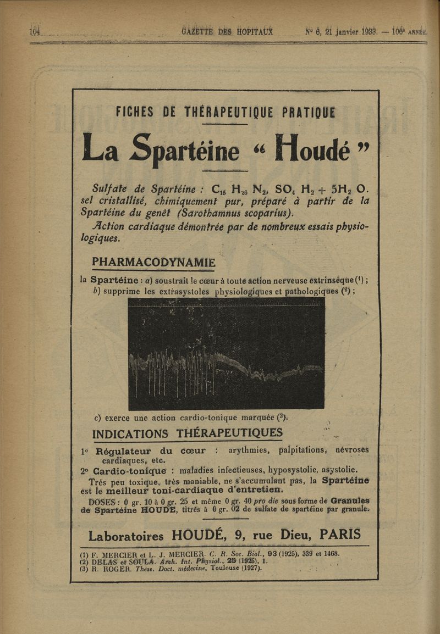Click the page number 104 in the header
pyautogui.click(x=35, y=30)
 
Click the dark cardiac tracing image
pyautogui.click(x=226, y=355)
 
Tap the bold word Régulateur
pyautogui.click(x=124, y=452)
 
